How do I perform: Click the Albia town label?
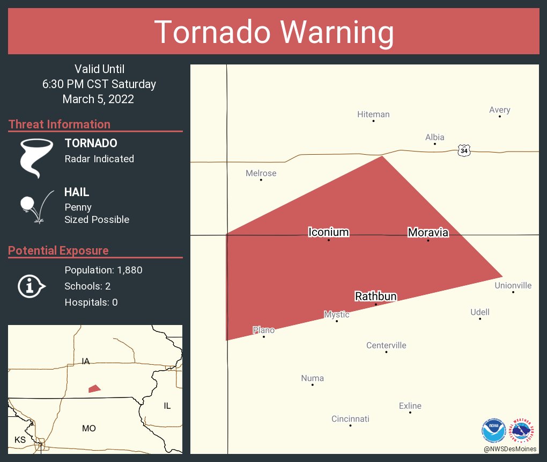[x=434, y=137]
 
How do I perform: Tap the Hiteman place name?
[x=373, y=114]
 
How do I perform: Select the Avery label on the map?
[x=499, y=110]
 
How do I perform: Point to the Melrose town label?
[x=261, y=173]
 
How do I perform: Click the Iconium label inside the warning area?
[x=328, y=232]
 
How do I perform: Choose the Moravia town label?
[x=427, y=232]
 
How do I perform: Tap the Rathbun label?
[x=375, y=296]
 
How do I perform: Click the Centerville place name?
[x=386, y=345]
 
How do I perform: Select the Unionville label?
[x=513, y=285]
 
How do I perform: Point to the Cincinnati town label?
[x=350, y=418]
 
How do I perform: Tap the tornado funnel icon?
[x=36, y=157]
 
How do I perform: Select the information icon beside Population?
[x=31, y=286]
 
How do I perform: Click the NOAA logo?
[x=493, y=430]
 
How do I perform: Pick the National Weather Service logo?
[x=523, y=430]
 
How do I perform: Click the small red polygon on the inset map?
[x=94, y=388]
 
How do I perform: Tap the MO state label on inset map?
[x=88, y=428]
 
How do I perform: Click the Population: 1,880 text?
[x=103, y=270]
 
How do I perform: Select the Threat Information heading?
[x=59, y=124]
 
